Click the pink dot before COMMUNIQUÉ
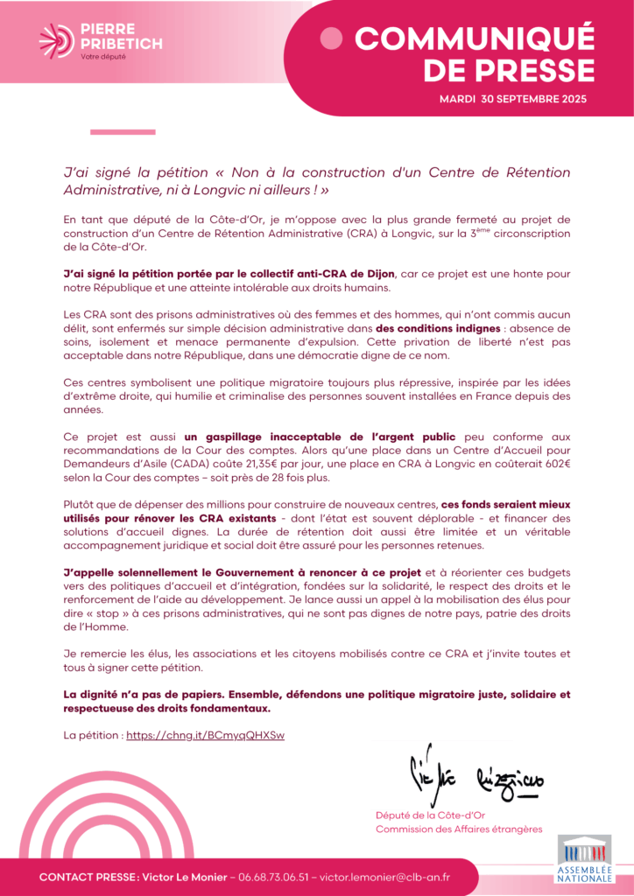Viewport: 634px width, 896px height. pos(332,38)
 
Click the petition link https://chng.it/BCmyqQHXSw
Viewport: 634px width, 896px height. pos(205,735)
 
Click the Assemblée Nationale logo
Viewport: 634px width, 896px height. pos(584,859)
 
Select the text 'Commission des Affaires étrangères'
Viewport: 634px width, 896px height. pos(459,829)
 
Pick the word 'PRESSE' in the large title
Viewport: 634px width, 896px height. pos(509,68)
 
